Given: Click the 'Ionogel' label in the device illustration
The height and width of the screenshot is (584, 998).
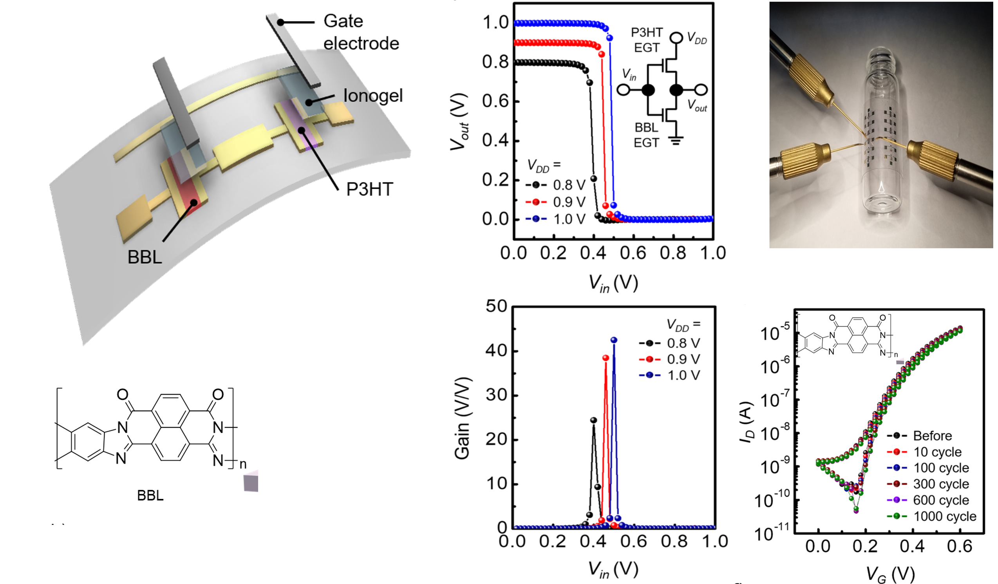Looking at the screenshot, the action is click(373, 96).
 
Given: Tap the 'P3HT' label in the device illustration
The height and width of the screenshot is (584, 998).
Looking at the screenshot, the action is click(369, 189).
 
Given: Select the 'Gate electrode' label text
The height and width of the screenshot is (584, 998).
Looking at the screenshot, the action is click(361, 32).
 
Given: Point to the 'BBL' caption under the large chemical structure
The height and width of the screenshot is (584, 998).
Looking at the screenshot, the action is click(150, 495).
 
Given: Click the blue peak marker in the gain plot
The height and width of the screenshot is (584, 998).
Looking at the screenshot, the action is click(614, 340).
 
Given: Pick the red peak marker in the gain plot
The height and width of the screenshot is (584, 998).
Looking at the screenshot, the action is click(606, 358).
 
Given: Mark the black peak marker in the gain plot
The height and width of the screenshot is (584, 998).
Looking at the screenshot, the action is click(593, 420).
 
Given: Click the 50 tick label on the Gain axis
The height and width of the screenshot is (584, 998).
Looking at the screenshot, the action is click(496, 306).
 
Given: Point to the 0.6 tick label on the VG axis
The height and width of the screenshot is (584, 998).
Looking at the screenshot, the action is click(959, 546).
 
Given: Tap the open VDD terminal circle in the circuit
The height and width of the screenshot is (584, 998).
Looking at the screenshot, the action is click(676, 38).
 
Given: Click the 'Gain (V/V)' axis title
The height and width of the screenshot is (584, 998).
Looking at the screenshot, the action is click(462, 418).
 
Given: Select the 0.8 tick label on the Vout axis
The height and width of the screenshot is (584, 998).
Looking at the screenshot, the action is click(495, 62).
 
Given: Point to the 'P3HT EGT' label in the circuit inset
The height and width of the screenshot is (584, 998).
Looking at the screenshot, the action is click(647, 40).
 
